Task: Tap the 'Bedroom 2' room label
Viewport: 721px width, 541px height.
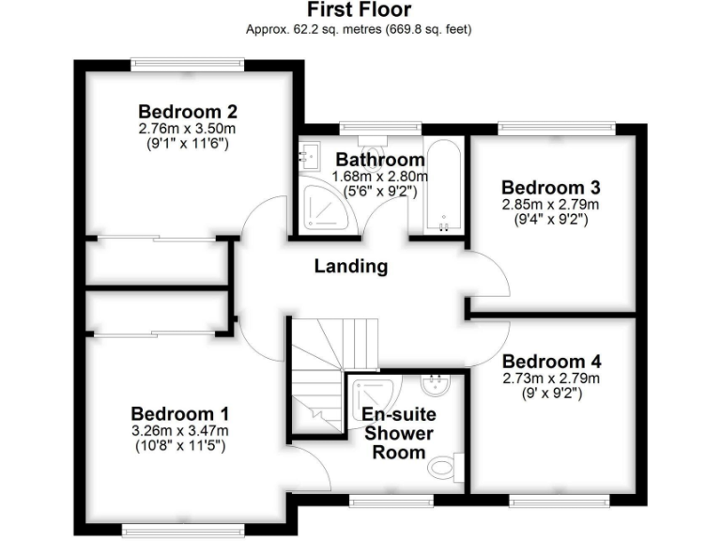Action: coord(183,108)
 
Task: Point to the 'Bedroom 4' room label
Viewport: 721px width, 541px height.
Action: coord(551,362)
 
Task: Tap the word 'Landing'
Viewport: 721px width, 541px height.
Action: coord(350,266)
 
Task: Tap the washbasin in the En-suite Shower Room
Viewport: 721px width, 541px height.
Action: coord(436,385)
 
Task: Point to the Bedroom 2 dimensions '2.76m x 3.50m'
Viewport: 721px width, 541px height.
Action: coord(183,129)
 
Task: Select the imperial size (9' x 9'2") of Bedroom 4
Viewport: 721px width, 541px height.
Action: coord(551,394)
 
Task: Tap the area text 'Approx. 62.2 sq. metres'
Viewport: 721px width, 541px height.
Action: coord(310,29)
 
